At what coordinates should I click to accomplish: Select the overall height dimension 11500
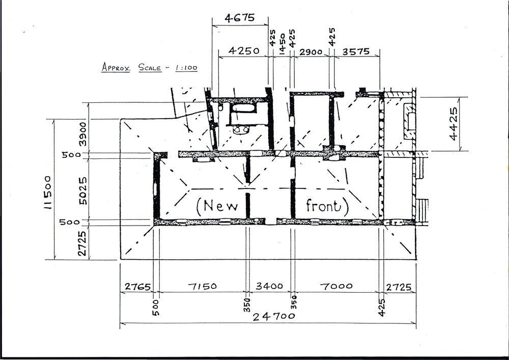tap(48, 192)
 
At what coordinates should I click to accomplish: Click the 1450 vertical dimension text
tap(282, 42)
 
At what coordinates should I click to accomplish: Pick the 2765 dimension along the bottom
tap(136, 287)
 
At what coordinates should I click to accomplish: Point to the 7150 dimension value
tap(202, 286)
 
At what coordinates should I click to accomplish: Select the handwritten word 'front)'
tap(327, 206)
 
